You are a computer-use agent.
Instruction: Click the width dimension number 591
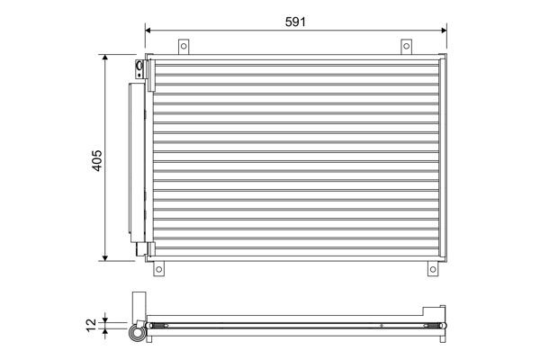click(295, 21)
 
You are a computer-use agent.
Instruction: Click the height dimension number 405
click(97, 158)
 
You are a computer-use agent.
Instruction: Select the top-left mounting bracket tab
click(184, 46)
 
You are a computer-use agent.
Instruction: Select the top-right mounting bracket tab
click(406, 46)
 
